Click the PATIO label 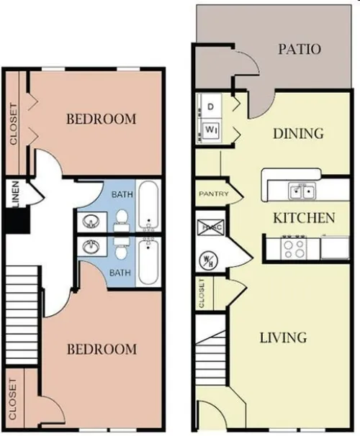(x=299, y=50)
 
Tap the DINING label (x=299, y=133)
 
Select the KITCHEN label (x=303, y=217)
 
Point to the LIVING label (x=284, y=337)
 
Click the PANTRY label (x=213, y=194)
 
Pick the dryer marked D (x=211, y=107)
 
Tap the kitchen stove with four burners (x=294, y=248)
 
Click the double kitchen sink (x=302, y=191)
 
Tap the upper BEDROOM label (x=101, y=119)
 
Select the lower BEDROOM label (x=101, y=349)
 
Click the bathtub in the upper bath (x=150, y=205)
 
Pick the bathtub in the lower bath (x=150, y=262)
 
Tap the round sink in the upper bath (x=92, y=220)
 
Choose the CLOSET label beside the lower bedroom (x=14, y=398)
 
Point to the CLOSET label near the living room (x=202, y=293)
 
